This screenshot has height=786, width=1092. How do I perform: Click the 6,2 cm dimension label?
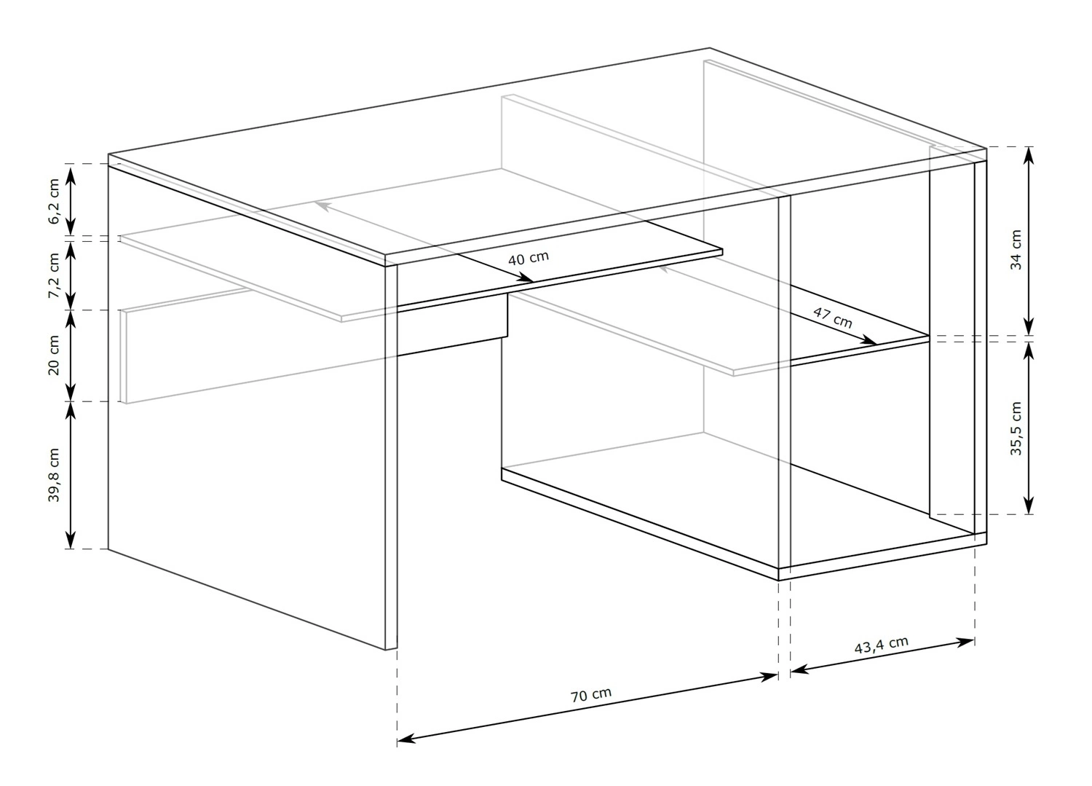pyautogui.click(x=54, y=201)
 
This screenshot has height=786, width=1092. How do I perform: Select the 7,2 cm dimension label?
pyautogui.click(x=54, y=275)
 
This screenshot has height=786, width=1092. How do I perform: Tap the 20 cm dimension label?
pyautogui.click(x=54, y=355)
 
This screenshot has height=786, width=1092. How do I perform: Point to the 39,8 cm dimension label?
pyautogui.click(x=54, y=475)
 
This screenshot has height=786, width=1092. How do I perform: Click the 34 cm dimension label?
pyautogui.click(x=1016, y=251)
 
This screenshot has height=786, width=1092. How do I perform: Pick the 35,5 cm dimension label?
pyautogui.click(x=1016, y=429)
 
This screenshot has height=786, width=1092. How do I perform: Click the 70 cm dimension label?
pyautogui.click(x=591, y=695)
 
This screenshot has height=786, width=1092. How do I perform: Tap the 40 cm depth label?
pyautogui.click(x=529, y=258)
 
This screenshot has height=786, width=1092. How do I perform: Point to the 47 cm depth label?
pyautogui.click(x=833, y=318)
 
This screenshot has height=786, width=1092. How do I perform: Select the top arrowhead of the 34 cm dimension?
pyautogui.click(x=1029, y=156)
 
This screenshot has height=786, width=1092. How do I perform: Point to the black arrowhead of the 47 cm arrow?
pyautogui.click(x=869, y=340)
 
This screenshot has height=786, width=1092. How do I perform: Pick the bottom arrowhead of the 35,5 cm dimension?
pyautogui.click(x=1029, y=505)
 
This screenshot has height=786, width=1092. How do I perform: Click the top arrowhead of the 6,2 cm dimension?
pyautogui.click(x=71, y=175)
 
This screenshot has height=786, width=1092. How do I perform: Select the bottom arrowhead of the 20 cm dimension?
pyautogui.click(x=71, y=392)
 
